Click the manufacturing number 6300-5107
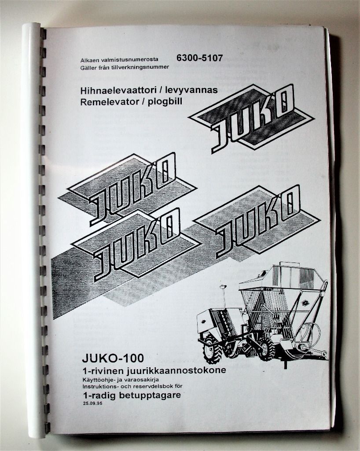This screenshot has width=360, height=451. (x=199, y=58)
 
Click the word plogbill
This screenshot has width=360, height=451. (x=165, y=102)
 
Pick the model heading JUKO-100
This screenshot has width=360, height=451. (x=113, y=359)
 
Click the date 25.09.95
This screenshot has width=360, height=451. (x=92, y=403)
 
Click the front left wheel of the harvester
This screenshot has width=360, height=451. (x=212, y=350)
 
